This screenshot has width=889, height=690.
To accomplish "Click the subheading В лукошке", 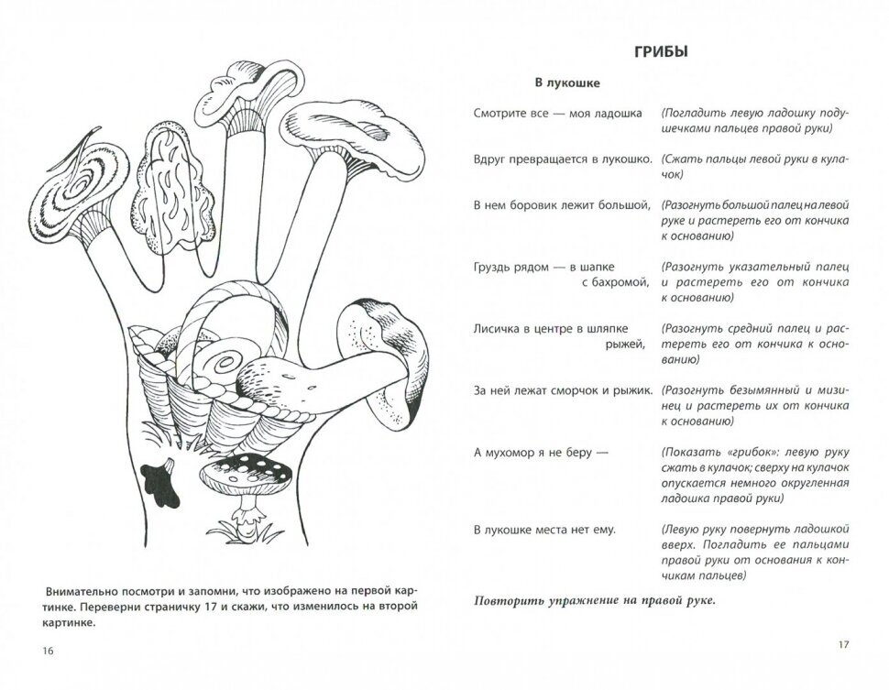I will tap(567, 83).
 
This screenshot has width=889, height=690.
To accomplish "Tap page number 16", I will tap(48, 651).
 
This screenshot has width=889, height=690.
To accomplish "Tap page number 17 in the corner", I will tap(844, 644).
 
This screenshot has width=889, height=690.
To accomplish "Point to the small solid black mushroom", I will tap(157, 476).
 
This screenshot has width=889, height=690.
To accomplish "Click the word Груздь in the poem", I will tap(494, 265).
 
